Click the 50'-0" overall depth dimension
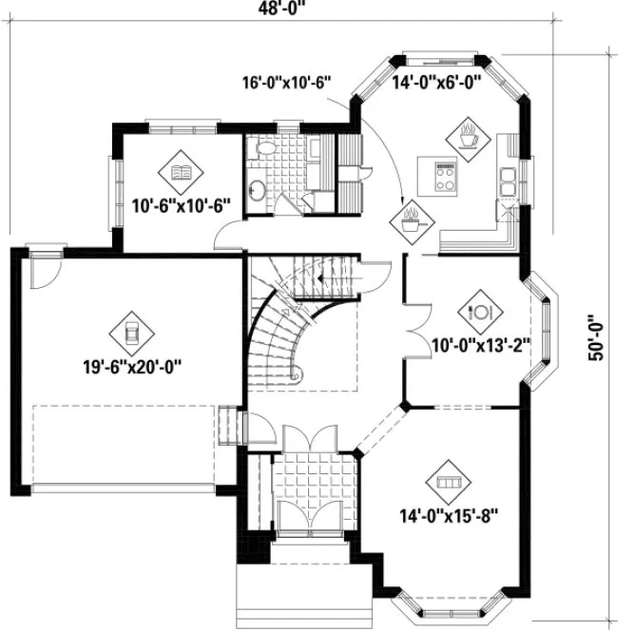coord(596,337)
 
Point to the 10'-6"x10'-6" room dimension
coord(181,202)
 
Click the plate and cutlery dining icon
coord(479,311)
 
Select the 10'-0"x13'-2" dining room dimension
coord(480,343)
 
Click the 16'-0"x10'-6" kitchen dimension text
coord(285,84)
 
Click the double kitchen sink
coord(510,180)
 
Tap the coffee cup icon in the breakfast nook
coord(468,136)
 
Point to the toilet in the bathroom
coord(266,151)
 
